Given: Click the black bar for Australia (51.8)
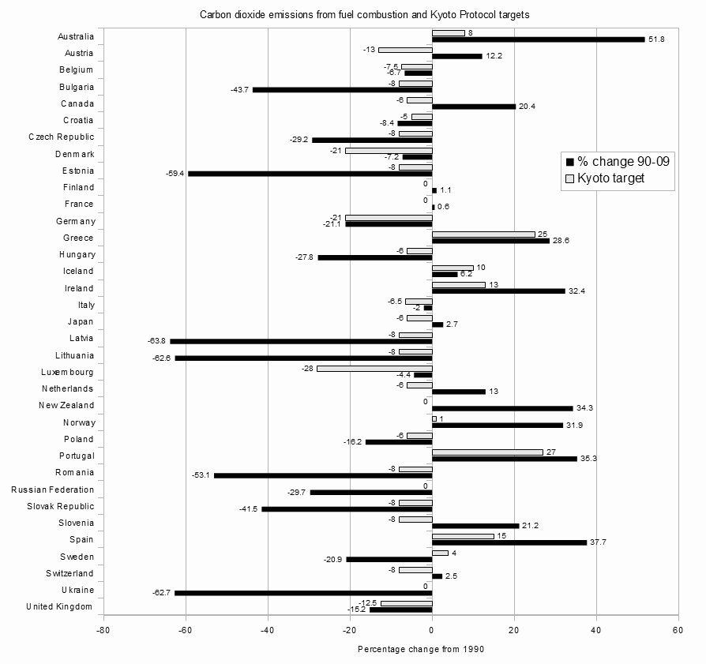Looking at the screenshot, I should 538,39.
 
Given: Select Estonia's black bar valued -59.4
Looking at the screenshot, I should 310,174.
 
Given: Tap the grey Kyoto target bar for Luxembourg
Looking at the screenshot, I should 374,368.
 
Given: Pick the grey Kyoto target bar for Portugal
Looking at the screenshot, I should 487,452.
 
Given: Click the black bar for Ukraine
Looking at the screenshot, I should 303,593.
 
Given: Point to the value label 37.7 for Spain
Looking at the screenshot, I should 598,542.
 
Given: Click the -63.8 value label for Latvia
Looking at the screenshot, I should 156,341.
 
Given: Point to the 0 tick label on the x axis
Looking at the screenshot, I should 432,630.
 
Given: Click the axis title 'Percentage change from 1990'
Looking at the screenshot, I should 420,649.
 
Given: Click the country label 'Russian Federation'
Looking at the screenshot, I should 53,490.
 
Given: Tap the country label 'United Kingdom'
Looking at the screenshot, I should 59,606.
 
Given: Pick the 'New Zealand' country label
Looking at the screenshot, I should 66,405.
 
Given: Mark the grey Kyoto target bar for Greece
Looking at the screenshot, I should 483,234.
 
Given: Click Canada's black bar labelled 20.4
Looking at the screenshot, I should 474,106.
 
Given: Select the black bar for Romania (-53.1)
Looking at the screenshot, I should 323,475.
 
